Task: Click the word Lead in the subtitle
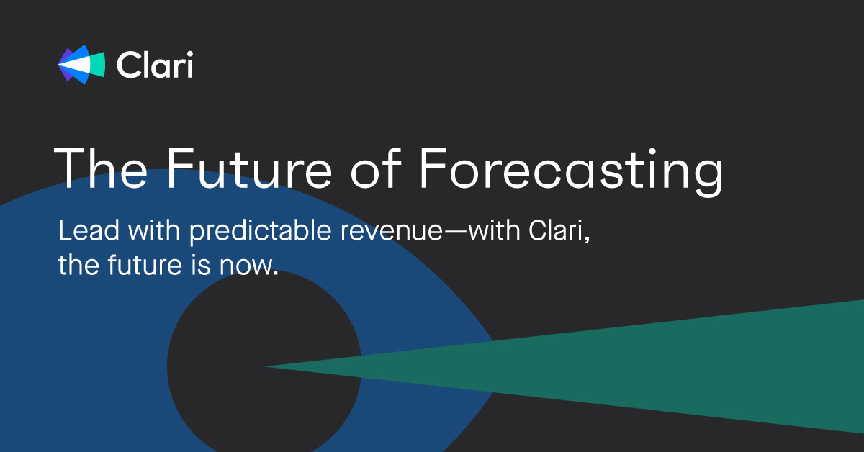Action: [x=81, y=232]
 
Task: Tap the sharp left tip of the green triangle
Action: [x=268, y=367]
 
